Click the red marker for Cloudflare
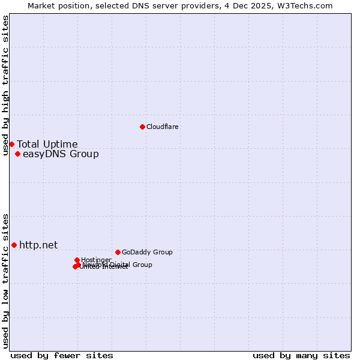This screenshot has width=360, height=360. pos(142,127)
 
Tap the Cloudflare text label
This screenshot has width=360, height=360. pos(162,127)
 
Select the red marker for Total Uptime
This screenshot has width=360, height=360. pos(11,144)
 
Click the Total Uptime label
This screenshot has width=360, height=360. pos(47,144)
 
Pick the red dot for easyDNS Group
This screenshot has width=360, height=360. pos(17,154)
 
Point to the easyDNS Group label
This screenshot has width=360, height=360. pos(60,154)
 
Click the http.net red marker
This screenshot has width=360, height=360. pos(14,245)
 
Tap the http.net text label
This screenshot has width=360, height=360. pos(38,245)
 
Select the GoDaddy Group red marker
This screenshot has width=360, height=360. pos(118,252)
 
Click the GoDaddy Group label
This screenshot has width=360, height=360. pos(146,252)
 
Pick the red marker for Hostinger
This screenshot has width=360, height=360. pos(77,260)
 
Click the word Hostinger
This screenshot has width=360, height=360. pos(96,260)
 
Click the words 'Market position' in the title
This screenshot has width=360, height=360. pos(56,5)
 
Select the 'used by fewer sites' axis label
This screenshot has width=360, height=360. pos(62,355)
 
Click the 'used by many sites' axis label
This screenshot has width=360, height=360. pos(301,355)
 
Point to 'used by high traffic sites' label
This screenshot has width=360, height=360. pos(5,85)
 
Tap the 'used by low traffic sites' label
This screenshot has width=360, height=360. pos(5,280)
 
